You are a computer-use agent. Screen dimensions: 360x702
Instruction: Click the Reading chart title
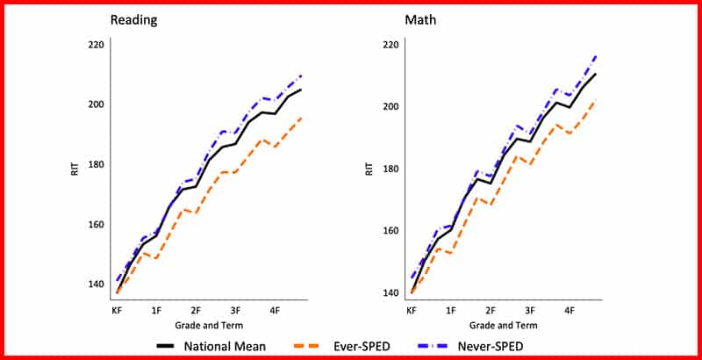[x=133, y=20]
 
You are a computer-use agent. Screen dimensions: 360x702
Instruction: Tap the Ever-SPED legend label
[x=362, y=345]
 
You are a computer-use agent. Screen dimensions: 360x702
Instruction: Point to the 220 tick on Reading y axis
[x=96, y=45]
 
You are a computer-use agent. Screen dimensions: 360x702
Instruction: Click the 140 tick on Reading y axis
[x=96, y=284]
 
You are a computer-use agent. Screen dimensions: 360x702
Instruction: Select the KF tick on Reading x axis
[x=116, y=310]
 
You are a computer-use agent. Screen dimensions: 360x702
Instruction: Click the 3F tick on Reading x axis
[x=236, y=310]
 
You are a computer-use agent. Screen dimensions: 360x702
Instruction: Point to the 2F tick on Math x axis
[x=491, y=310]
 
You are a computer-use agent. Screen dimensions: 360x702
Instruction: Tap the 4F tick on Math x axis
[x=569, y=310]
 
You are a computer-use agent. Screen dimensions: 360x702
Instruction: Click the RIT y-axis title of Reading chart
[x=75, y=169]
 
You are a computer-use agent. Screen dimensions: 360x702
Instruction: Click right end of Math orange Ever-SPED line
[x=596, y=99]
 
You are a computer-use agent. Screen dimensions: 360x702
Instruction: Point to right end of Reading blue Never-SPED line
[x=301, y=76]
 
